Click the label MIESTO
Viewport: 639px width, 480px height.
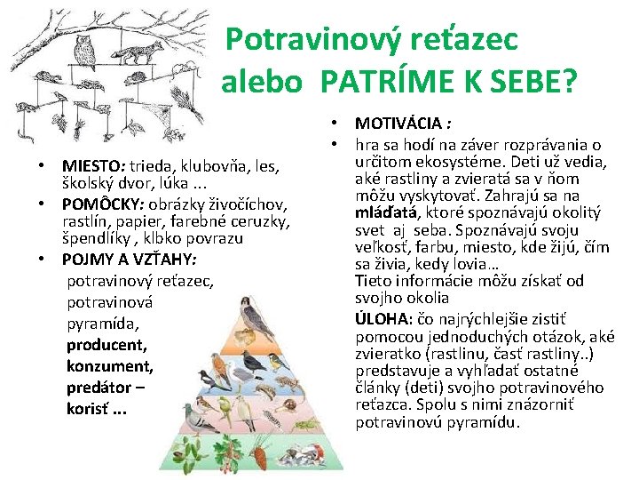92,165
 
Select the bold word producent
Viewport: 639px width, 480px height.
106,344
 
